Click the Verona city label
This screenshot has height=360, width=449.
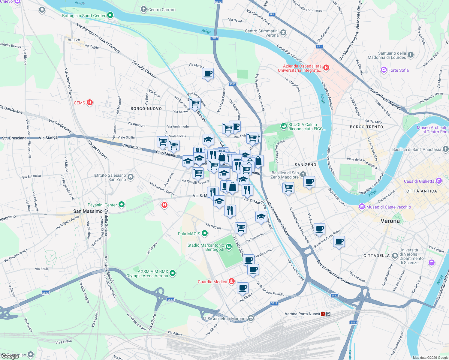click(x=390, y=221)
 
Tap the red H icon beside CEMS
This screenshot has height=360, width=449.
click(x=89, y=103)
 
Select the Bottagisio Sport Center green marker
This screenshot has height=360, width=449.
click(x=110, y=15)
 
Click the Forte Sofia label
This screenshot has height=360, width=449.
click(x=398, y=70)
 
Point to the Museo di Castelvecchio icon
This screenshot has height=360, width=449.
click(x=362, y=207)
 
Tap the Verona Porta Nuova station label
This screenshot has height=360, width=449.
click(x=302, y=314)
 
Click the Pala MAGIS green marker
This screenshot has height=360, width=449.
click(x=205, y=233)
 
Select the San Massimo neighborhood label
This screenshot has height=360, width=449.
click(x=88, y=211)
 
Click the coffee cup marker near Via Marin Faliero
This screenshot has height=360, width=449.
click(x=208, y=73)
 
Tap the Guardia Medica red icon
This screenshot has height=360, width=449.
click(x=231, y=281)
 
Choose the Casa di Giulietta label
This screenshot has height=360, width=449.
click(x=419, y=181)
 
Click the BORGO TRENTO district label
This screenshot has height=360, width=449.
click(x=366, y=127)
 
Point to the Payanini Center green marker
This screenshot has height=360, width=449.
click(x=122, y=205)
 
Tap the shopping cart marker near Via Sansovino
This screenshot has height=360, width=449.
click(x=240, y=228)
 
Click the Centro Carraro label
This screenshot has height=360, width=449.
click(x=162, y=10)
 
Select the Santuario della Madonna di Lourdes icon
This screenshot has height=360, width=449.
click(x=411, y=55)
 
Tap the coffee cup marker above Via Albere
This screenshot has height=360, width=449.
click(x=243, y=288)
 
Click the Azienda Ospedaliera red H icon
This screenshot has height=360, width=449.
click(x=326, y=68)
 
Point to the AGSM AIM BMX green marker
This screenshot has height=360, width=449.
click(x=172, y=273)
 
